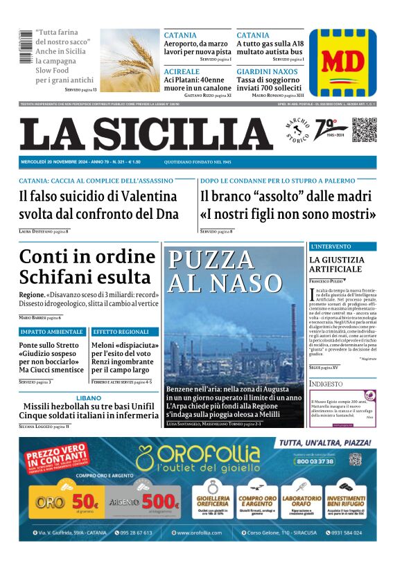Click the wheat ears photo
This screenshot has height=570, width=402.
(x=130, y=60)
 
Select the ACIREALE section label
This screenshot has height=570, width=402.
(x=182, y=72)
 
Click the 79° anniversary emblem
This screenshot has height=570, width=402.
(x=326, y=129)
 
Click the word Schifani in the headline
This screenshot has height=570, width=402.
(x=58, y=278)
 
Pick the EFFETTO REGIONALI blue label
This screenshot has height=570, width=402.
(x=121, y=332)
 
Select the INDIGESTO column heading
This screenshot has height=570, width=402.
(x=326, y=384)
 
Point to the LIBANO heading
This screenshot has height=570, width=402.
(x=88, y=398)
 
